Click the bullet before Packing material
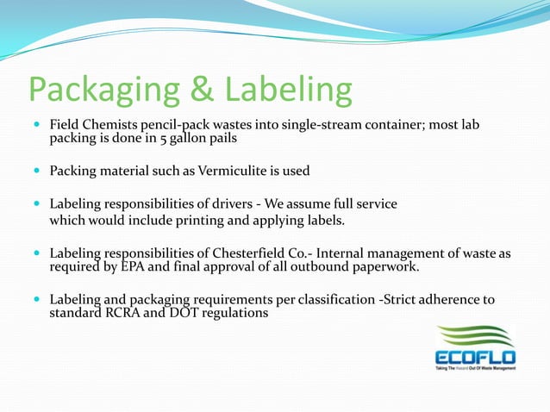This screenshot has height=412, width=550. coord(34,171)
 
